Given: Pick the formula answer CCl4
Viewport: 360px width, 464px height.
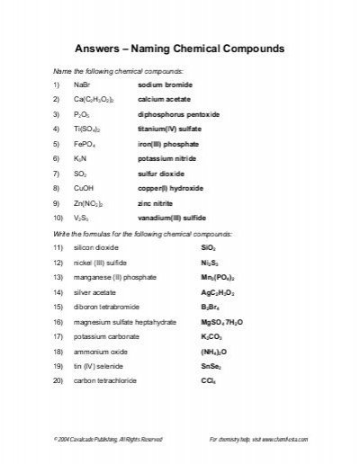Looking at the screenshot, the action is pyautogui.click(x=209, y=416).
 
